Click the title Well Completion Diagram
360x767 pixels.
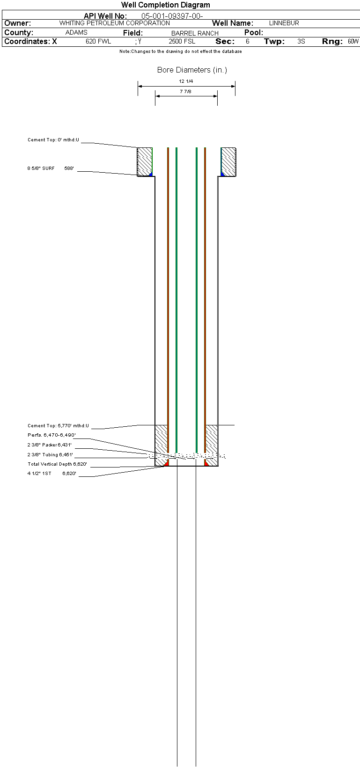click(x=165, y=5)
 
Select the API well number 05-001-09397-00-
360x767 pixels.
click(x=172, y=16)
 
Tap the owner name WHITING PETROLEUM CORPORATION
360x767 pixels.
click(x=114, y=23)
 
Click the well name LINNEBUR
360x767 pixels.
click(x=284, y=23)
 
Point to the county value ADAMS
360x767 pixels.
click(x=76, y=33)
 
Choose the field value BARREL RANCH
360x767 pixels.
click(x=195, y=33)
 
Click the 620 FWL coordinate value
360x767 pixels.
click(x=98, y=42)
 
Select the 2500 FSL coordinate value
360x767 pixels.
click(x=182, y=42)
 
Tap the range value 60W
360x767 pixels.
click(x=353, y=42)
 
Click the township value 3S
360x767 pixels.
click(x=301, y=42)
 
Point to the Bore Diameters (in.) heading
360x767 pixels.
click(x=192, y=70)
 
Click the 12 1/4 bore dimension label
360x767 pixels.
click(x=186, y=81)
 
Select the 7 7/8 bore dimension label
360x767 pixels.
click(x=186, y=91)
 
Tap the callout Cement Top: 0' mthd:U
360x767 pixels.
click(x=53, y=140)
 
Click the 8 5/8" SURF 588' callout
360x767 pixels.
click(x=51, y=168)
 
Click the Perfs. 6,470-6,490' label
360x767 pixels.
click(x=51, y=435)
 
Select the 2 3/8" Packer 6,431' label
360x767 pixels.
click(x=50, y=445)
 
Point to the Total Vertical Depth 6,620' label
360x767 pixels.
click(x=57, y=464)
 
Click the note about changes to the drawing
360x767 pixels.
click(x=181, y=51)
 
